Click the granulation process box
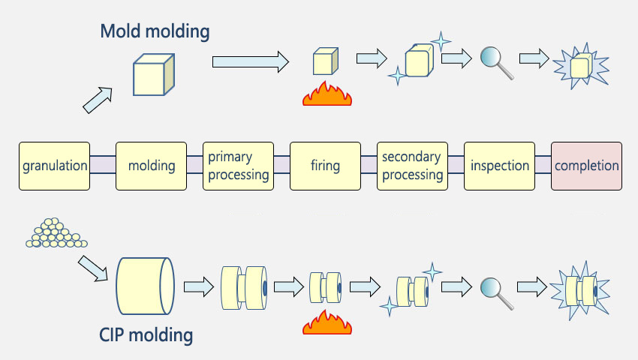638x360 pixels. coord(54,166)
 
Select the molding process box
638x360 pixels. coord(151,166)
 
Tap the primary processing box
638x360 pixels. coord(238,166)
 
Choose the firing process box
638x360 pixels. coord(325,166)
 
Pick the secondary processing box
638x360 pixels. coord(412,166)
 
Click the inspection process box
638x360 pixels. coord(499,166)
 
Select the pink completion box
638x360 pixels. coord(586,166)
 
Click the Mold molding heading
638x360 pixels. coord(155,31)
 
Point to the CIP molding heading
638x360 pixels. coord(146,335)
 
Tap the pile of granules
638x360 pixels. coord(56,233)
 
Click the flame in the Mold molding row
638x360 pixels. coord(327,94)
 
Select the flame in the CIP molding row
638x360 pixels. coord(327,322)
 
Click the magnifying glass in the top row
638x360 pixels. coord(496,63)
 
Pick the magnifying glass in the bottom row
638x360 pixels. coord(496,293)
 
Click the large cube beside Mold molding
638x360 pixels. coord(154,75)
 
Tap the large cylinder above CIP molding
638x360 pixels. coord(146,286)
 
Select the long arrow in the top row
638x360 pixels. coord(251,61)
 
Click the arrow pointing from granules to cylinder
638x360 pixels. coord(93,268)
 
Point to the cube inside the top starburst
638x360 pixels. coord(581,65)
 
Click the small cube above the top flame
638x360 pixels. coord(326,61)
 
